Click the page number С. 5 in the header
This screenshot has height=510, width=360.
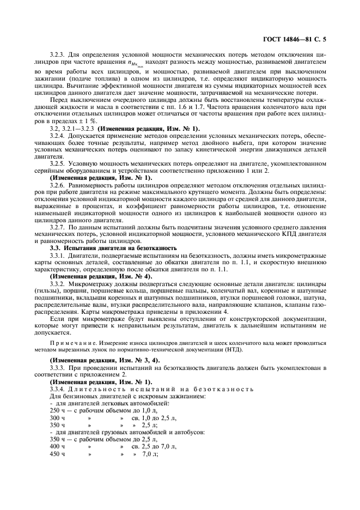[326, 39]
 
